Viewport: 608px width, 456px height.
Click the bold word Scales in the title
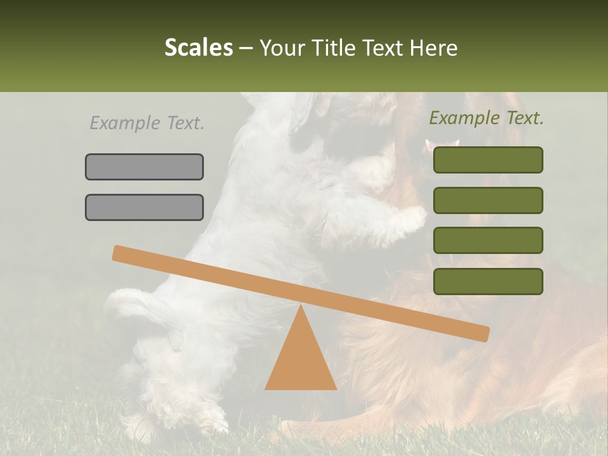point(198,47)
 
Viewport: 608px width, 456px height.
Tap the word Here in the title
point(433,47)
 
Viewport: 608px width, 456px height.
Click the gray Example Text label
point(147,123)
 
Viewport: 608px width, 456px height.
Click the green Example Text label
point(486,118)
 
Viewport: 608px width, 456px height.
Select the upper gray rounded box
point(144,167)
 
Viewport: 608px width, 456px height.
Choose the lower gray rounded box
point(144,207)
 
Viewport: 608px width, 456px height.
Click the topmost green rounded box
point(488,160)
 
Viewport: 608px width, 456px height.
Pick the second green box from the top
point(488,200)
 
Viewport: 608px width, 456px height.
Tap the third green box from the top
point(488,240)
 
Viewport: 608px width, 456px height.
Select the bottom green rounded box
point(488,281)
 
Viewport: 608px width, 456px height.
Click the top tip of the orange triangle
point(301,307)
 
